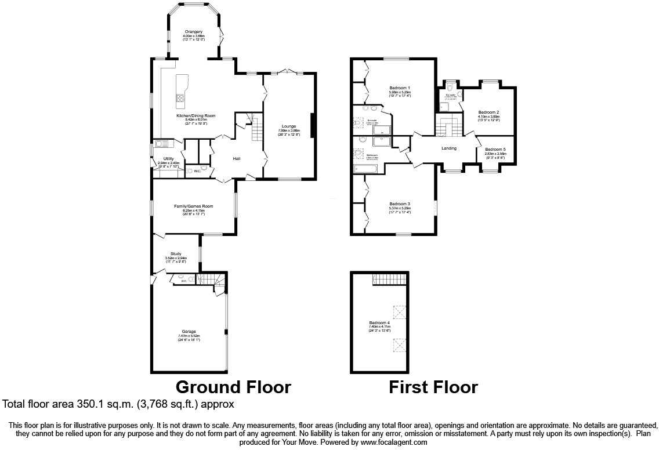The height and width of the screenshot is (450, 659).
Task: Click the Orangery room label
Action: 194,31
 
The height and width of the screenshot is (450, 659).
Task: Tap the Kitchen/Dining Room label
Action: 196,116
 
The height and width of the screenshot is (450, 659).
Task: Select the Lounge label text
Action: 288,126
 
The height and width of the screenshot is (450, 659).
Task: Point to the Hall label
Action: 237,158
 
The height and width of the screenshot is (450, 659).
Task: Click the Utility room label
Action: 169,158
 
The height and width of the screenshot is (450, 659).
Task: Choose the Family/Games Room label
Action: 194,206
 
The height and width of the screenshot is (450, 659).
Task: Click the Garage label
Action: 189,332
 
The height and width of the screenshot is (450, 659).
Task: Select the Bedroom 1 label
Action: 400,88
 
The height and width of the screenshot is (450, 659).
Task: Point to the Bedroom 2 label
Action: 488,112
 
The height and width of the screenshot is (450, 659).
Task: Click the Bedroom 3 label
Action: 400,204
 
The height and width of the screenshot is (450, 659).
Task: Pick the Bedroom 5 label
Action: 495,149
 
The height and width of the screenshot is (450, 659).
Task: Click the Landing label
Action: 449,148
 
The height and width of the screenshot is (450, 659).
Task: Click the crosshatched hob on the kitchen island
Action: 180,99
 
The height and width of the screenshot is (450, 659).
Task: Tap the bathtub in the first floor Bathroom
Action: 365,169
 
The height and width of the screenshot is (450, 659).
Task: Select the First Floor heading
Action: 433,387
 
